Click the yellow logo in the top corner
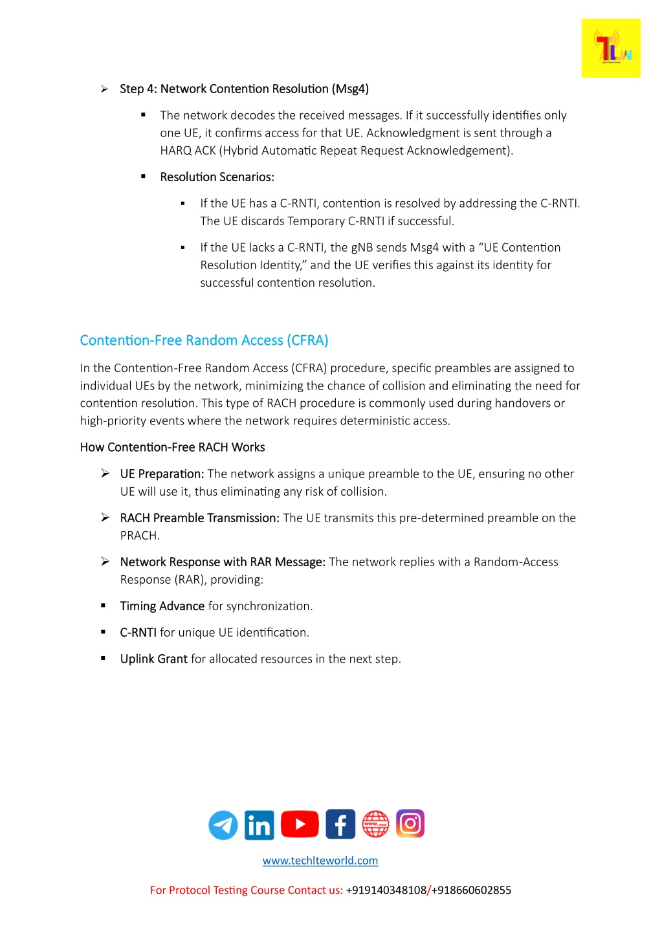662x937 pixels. [610, 49]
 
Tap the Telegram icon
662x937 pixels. [223, 825]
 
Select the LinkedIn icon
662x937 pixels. [259, 825]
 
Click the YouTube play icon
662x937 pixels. [300, 824]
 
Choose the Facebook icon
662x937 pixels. [340, 824]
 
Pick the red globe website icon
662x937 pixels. [375, 824]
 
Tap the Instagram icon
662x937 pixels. [410, 823]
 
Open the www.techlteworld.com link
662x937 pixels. [320, 861]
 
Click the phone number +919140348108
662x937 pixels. [386, 890]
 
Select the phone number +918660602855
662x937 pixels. [472, 890]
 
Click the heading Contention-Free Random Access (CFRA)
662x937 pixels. [204, 340]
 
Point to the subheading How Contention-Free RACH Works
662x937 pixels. [172, 447]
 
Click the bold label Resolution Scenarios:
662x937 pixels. [217, 177]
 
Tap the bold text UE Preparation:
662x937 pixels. [162, 474]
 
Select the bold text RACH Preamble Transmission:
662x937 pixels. [199, 518]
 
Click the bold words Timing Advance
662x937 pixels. [162, 606]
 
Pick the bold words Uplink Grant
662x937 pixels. [154, 659]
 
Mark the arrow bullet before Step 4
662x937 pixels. [104, 89]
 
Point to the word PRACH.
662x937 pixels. [140, 536]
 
